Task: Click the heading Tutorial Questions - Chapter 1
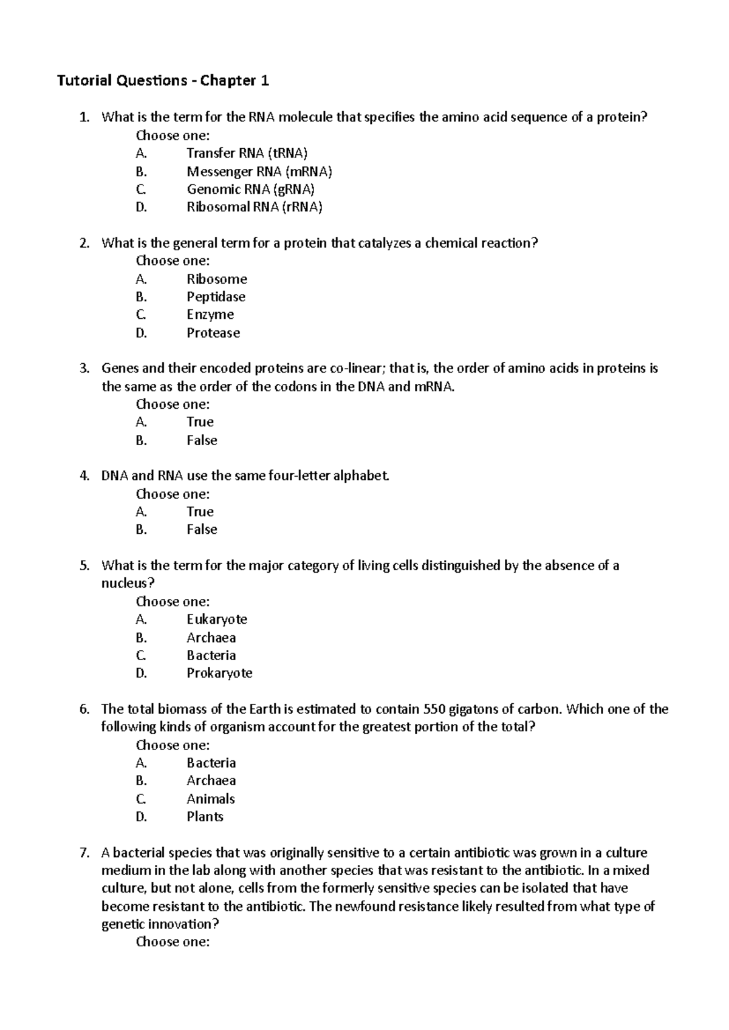[x=163, y=81]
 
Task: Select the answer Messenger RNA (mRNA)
[x=259, y=171]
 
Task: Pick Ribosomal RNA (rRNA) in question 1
[x=254, y=207]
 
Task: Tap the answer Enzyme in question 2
[x=210, y=315]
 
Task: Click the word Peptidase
[x=216, y=297]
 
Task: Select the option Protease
[x=213, y=333]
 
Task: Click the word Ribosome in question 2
[x=216, y=279]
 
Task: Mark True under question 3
[x=200, y=422]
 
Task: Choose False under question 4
[x=202, y=530]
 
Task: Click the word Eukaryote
[x=216, y=619]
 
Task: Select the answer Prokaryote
[x=219, y=673]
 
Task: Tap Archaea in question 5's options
[x=211, y=638]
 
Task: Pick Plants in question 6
[x=205, y=817]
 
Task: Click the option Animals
[x=210, y=799]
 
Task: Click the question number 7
[x=84, y=853]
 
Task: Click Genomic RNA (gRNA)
[x=250, y=189]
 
